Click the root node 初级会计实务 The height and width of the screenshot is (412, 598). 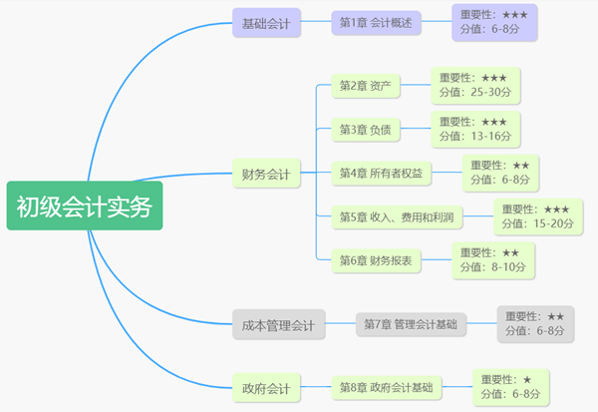(x=84, y=206)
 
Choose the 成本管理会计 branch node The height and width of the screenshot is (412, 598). (x=278, y=324)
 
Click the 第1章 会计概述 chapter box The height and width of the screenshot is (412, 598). (x=376, y=21)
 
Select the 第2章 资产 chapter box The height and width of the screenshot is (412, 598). (x=365, y=87)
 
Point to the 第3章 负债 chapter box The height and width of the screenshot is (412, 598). (x=365, y=130)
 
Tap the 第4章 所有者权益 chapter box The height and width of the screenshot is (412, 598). (x=381, y=174)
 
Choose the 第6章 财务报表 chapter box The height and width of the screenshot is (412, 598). (x=376, y=260)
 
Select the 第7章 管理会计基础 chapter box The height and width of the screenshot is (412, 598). (x=411, y=324)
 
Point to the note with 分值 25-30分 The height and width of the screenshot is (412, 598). (x=474, y=86)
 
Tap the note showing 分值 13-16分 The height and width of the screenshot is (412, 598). (x=474, y=129)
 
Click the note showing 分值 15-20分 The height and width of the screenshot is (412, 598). (x=539, y=215)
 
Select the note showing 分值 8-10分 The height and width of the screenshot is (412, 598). (x=492, y=259)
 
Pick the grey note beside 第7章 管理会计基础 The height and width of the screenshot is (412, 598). (x=536, y=323)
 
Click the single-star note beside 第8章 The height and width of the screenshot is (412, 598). (x=510, y=387)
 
